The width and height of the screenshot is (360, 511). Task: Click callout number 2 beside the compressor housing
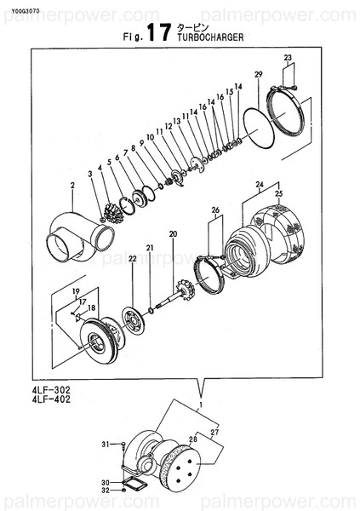click(x=73, y=185)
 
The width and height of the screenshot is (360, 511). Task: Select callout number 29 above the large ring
click(x=259, y=73)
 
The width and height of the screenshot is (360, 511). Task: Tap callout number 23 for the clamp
click(x=288, y=58)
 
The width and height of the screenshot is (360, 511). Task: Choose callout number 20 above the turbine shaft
click(x=173, y=233)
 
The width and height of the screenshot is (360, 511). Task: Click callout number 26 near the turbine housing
click(x=215, y=210)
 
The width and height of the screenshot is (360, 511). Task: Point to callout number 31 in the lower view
click(x=106, y=445)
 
